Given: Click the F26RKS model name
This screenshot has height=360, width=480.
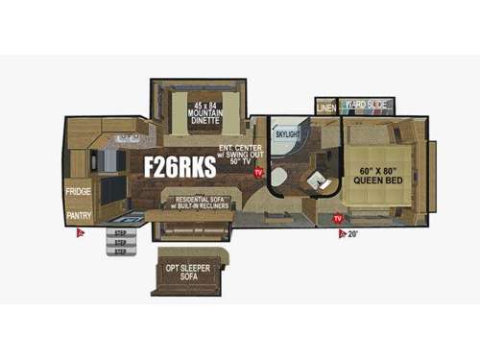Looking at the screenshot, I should tap(180, 167).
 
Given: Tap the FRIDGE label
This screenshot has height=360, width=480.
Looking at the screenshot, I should tap(78, 191).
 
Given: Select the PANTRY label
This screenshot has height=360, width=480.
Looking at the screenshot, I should tap(78, 216).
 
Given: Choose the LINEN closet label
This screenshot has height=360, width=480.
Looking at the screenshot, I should tap(326, 107).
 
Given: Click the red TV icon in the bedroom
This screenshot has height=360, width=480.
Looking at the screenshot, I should tap(338, 220).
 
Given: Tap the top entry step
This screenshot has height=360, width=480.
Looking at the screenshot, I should tap(120, 231).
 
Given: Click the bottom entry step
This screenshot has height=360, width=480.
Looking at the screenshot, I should tap(120, 252).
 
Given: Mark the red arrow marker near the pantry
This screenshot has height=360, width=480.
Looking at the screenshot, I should tap(83, 232).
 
